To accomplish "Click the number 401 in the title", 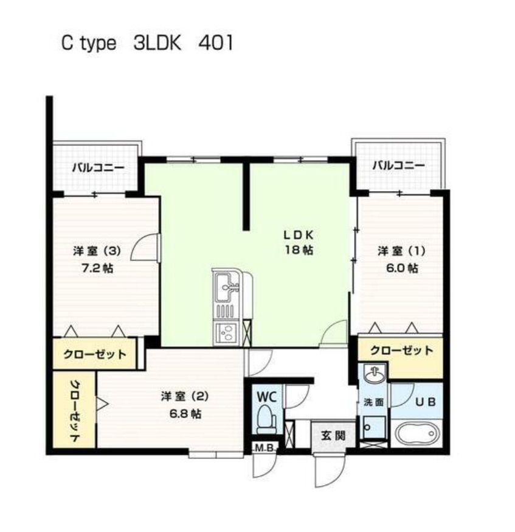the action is click(x=216, y=43).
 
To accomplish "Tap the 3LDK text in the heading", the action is click(x=157, y=43).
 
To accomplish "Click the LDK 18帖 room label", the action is click(x=299, y=242).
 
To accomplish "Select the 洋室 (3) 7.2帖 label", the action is click(x=97, y=259).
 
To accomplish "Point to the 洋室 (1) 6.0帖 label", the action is click(x=401, y=259).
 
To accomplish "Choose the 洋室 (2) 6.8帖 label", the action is click(x=185, y=405).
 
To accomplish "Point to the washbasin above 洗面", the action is click(x=375, y=374).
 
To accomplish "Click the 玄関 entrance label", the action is click(x=333, y=435).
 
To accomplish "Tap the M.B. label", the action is click(x=264, y=447).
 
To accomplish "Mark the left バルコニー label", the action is click(x=99, y=168).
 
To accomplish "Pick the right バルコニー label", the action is click(x=399, y=166).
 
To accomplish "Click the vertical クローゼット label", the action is click(x=75, y=410).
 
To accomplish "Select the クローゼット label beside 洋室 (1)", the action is click(x=401, y=351).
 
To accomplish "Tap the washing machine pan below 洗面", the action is click(x=374, y=427).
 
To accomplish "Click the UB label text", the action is click(x=426, y=402).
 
